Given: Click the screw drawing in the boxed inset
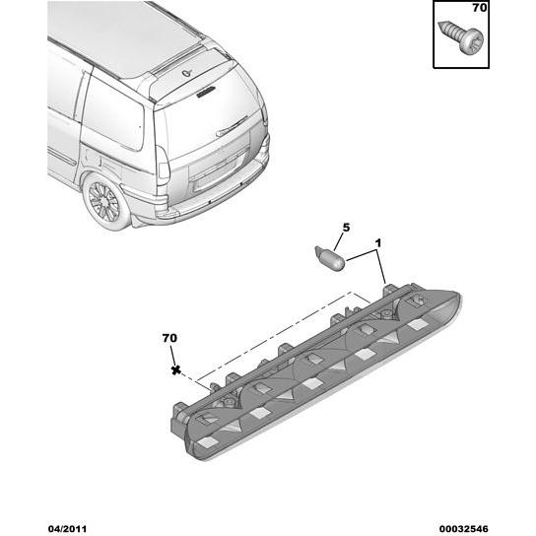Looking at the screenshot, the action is click(461, 37).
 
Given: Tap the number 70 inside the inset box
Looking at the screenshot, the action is click(479, 8).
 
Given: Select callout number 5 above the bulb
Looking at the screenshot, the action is click(346, 228).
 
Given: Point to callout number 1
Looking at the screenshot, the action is click(377, 243).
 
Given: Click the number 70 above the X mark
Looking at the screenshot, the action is click(169, 338).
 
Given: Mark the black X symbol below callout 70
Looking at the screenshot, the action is click(176, 369).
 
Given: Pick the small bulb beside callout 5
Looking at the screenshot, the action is click(330, 257).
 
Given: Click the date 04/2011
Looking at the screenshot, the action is click(67, 529).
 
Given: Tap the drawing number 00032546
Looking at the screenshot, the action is click(463, 529).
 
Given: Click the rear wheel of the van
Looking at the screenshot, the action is click(104, 203).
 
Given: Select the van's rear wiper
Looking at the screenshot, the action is click(232, 126).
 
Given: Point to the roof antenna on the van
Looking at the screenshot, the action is click(186, 73).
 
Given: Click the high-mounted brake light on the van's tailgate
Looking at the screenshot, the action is click(206, 92).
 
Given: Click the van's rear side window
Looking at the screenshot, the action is click(111, 116).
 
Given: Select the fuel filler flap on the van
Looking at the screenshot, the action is click(92, 157).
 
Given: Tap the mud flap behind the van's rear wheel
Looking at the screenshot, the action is click(140, 216).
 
